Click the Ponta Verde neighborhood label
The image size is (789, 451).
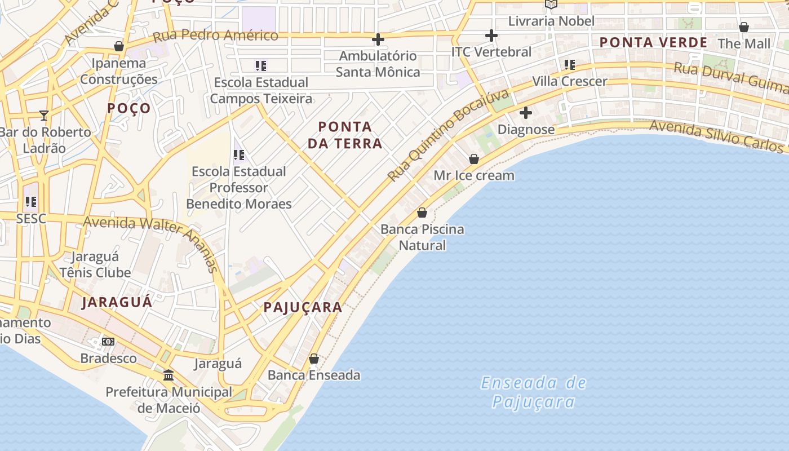click(653, 42)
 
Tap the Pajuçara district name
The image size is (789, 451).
click(303, 307)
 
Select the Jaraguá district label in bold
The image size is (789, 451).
click(117, 302)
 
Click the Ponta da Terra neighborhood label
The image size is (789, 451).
click(345, 135)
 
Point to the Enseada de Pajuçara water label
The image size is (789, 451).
click(533, 392)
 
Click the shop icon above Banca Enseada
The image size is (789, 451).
click(314, 359)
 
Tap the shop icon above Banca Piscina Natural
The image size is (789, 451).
click(422, 213)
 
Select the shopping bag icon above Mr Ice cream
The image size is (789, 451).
click(474, 159)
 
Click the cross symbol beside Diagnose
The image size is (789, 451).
click(525, 113)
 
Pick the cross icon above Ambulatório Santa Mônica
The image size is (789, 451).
click(378, 39)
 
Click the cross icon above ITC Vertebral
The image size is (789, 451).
click(491, 36)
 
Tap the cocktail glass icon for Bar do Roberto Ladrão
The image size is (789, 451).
click(44, 116)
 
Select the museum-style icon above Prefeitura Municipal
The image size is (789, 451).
click(168, 375)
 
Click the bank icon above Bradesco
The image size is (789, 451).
click(108, 342)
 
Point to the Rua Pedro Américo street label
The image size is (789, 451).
click(215, 36)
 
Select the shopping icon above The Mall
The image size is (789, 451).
click(744, 27)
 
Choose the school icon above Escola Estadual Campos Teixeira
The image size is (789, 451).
click(260, 66)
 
